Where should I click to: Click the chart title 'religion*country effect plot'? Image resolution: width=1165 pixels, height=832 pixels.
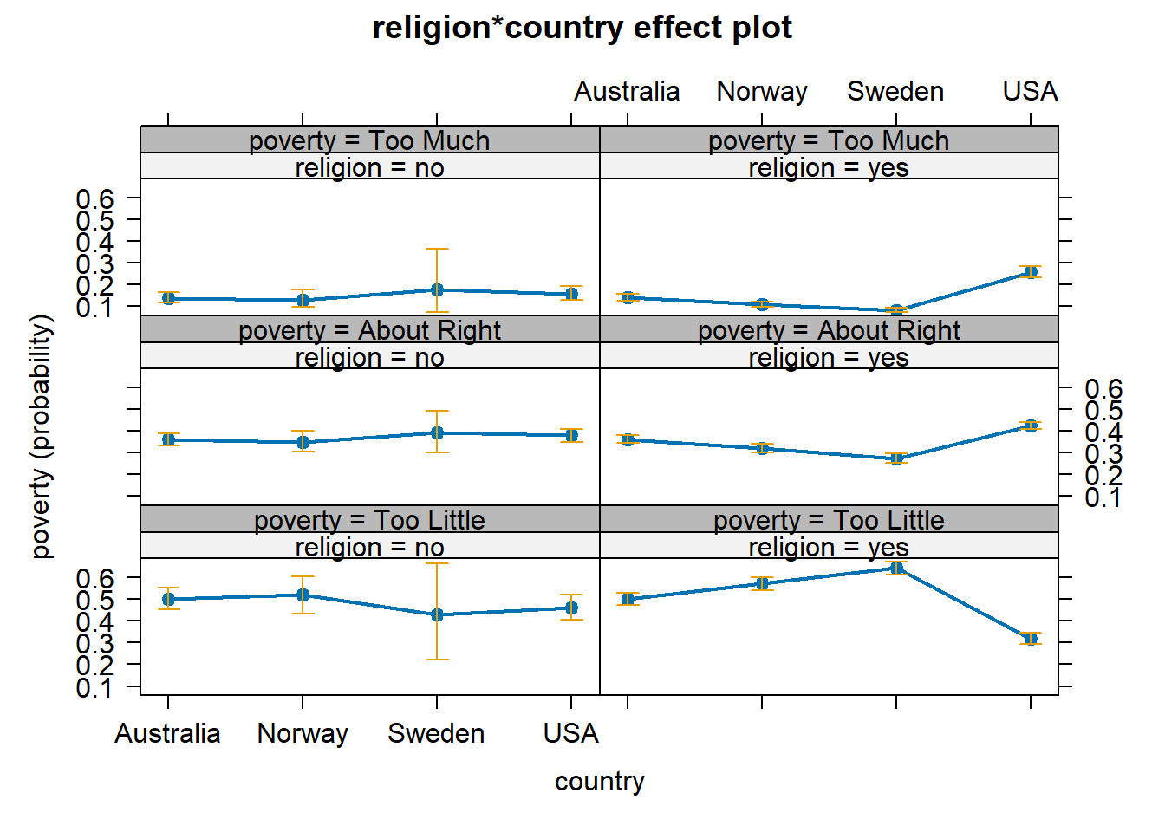click(582, 28)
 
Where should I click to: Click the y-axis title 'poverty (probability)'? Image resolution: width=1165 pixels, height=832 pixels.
click(41, 436)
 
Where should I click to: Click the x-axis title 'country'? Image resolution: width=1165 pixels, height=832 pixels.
click(599, 781)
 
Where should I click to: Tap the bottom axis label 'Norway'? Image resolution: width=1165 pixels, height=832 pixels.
click(303, 734)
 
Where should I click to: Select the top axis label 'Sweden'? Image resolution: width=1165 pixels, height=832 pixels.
click(895, 91)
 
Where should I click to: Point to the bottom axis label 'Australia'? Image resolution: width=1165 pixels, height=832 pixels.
click(167, 734)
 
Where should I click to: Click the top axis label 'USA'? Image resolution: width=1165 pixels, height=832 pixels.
click(1030, 91)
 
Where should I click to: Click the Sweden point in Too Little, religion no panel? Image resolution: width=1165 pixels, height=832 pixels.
click(437, 614)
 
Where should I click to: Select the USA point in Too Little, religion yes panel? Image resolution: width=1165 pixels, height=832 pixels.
click(1030, 639)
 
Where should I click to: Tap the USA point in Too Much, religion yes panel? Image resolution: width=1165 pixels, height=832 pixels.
click(1030, 272)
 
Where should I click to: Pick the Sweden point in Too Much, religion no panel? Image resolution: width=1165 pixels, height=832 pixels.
click(437, 289)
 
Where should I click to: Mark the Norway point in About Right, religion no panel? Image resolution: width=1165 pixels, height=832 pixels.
click(303, 442)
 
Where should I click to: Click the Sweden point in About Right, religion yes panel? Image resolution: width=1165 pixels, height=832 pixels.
click(896, 458)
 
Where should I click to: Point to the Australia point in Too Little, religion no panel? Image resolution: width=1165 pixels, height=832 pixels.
click(168, 599)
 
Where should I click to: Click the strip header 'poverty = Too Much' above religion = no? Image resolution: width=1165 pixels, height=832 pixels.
click(369, 140)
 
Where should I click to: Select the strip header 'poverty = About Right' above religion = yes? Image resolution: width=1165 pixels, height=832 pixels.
click(829, 330)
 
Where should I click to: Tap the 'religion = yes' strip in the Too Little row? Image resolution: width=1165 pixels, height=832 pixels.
click(829, 547)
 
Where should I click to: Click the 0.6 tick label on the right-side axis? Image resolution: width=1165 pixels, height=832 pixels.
click(1103, 388)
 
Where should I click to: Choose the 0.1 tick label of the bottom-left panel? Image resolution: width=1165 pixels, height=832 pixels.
click(94, 688)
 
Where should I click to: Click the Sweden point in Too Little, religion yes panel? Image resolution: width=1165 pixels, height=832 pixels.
click(896, 569)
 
